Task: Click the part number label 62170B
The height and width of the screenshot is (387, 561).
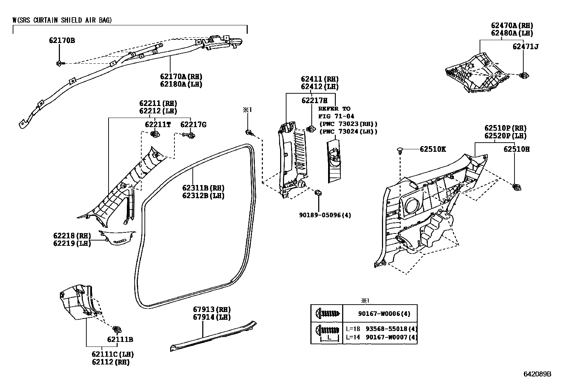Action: (62, 40)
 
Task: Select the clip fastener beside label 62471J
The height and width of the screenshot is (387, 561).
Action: (524, 75)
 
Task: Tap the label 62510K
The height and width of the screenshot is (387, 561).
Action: (432, 149)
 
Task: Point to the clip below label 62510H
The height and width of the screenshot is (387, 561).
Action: (517, 187)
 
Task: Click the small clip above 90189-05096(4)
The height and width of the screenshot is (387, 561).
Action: (318, 192)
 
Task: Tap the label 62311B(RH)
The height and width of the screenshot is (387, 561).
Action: (203, 188)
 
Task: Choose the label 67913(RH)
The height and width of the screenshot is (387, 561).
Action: (211, 310)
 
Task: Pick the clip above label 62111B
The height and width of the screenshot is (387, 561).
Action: (117, 330)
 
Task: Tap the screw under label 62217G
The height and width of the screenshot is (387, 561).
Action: (191, 135)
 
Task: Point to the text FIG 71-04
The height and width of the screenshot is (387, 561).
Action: (336, 116)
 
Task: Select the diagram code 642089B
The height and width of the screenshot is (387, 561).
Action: (537, 374)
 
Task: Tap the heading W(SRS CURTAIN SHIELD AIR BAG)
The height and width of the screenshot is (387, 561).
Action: (62, 20)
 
